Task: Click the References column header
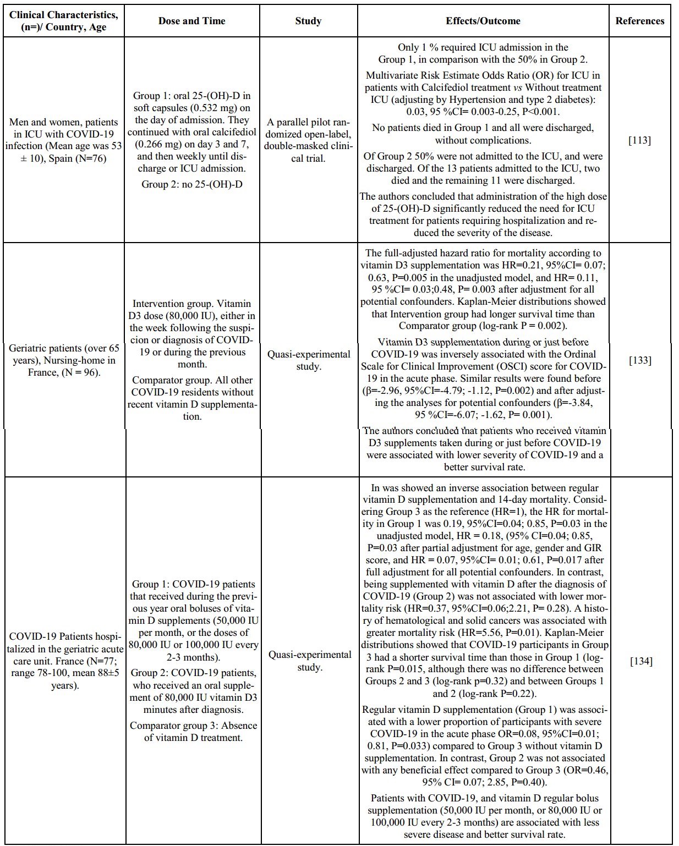pos(639,21)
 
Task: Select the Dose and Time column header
pos(191,21)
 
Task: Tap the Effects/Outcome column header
pos(483,21)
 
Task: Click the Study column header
pos(308,21)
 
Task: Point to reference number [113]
pos(639,140)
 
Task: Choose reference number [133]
pos(639,360)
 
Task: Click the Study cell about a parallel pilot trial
pos(308,140)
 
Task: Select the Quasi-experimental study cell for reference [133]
pos(308,360)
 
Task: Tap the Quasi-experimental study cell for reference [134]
pos(308,661)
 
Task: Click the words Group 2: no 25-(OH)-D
pos(191,184)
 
